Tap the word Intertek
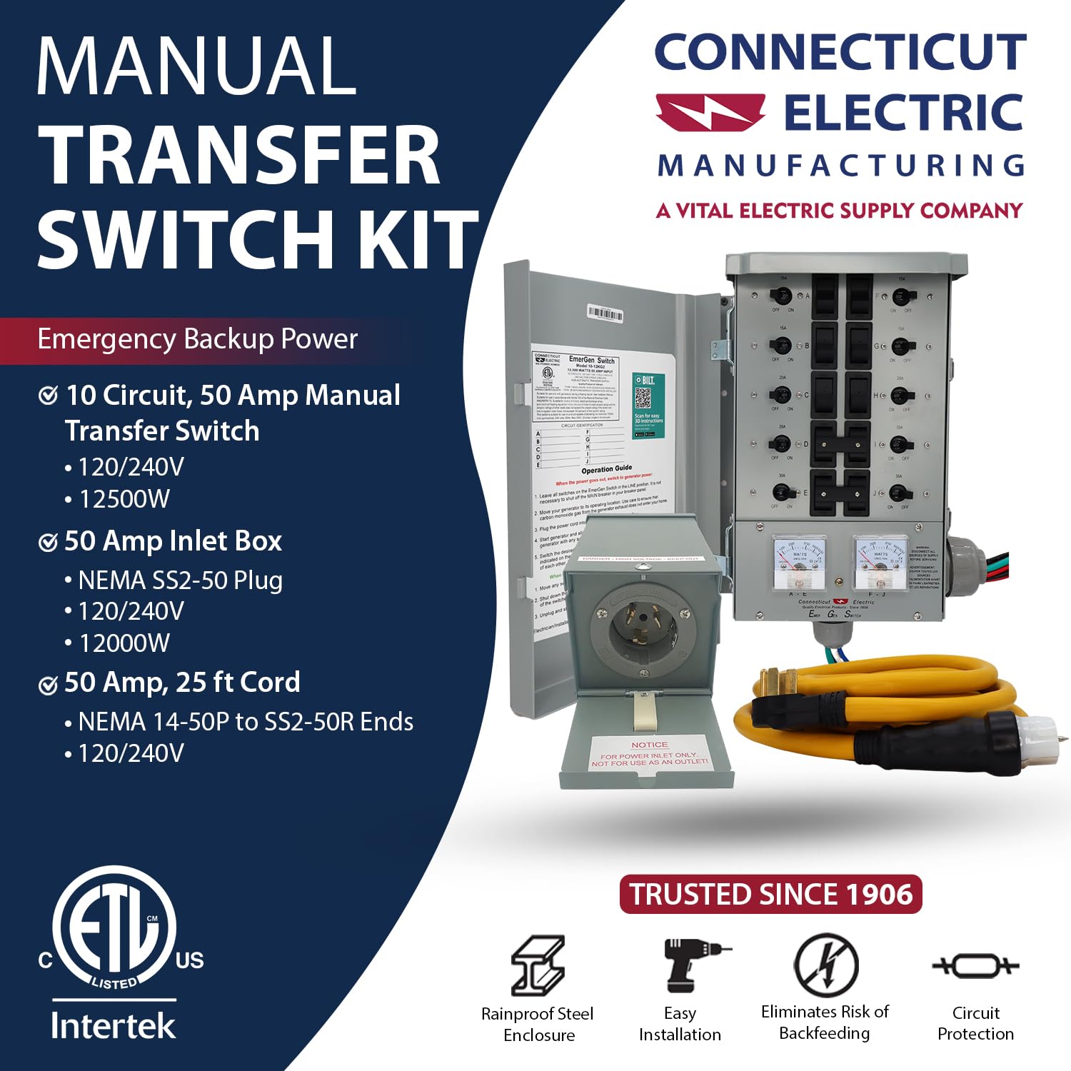point(113,1026)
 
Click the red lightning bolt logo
point(710,113)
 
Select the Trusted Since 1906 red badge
point(770,894)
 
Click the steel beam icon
point(538,965)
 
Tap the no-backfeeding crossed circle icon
point(826,965)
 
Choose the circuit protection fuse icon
point(975,966)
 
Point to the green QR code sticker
point(648,401)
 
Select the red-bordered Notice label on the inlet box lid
point(649,754)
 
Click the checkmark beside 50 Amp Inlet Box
point(48,543)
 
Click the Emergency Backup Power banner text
point(197,339)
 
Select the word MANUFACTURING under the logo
point(841,166)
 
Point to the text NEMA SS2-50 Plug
point(180,580)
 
